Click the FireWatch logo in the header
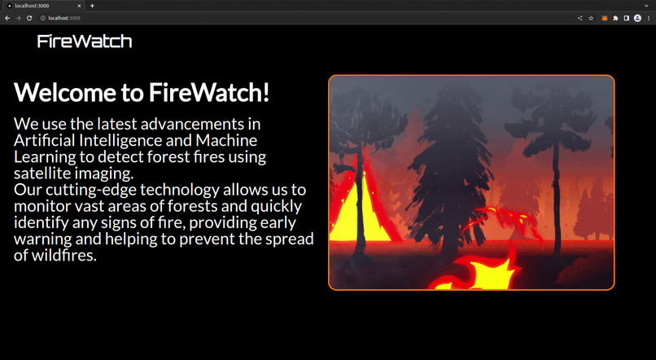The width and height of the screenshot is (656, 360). click(85, 42)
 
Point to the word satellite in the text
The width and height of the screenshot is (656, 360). click(44, 173)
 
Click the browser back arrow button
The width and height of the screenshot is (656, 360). click(7, 18)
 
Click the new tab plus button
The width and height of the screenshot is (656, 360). click(92, 6)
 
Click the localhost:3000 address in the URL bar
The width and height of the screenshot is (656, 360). click(63, 18)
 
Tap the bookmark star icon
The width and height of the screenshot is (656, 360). click(591, 18)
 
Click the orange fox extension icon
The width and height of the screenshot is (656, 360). click(605, 18)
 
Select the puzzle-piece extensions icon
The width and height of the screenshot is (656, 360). click(615, 18)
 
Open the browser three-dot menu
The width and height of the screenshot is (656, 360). click(649, 18)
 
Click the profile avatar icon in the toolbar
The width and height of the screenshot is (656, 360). click(637, 18)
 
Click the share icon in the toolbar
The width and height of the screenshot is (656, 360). click(580, 18)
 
